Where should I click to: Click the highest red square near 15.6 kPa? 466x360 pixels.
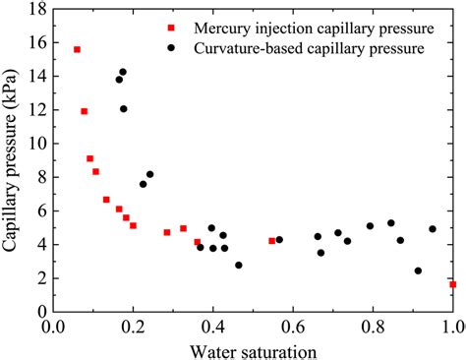click(77, 49)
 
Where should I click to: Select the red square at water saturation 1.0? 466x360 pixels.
click(452, 284)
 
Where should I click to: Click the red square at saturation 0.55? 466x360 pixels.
click(272, 241)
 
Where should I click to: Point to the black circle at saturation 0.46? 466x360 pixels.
click(238, 266)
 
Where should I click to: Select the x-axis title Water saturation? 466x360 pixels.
click(254, 350)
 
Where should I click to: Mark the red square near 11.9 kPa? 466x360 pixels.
click(84, 112)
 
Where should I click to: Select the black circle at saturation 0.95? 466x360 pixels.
click(432, 229)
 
